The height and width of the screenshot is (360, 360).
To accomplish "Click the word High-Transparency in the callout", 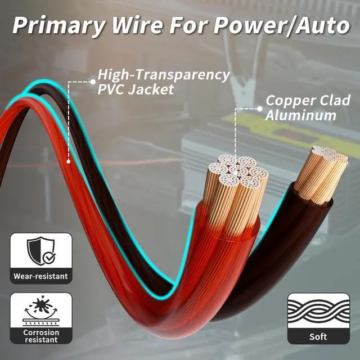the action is click(x=164, y=75).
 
